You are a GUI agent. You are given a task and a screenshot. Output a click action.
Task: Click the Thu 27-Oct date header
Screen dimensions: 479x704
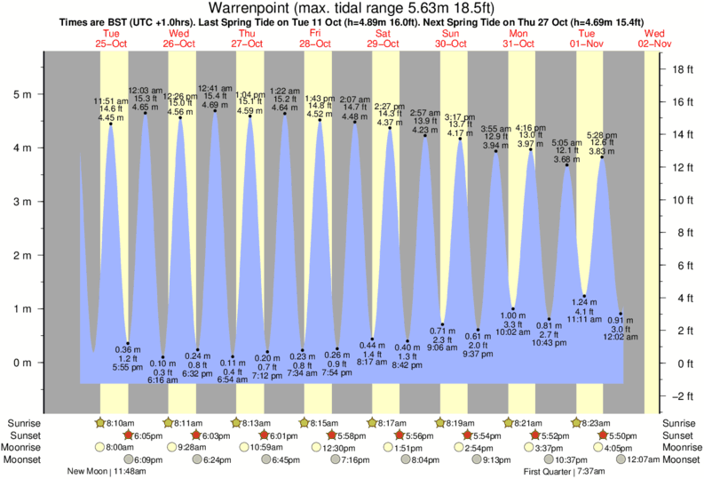coord(247,37)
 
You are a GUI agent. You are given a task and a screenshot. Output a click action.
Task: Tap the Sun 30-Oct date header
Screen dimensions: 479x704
coord(451,37)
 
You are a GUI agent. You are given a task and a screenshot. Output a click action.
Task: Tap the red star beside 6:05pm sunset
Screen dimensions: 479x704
coord(128,435)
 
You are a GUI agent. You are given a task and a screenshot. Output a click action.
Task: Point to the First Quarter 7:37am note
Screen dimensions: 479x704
coord(568,472)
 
